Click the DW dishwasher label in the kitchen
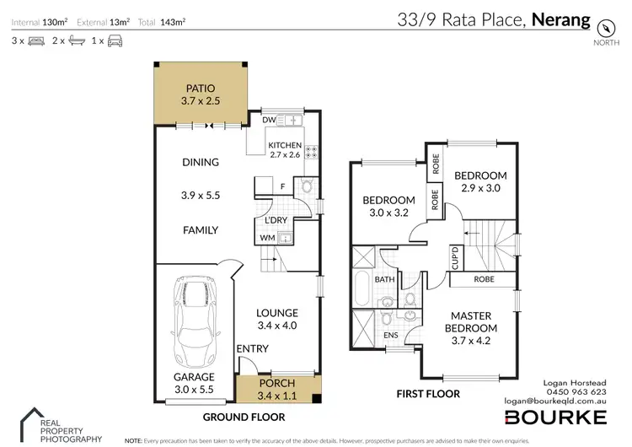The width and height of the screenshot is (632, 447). (x=270, y=121)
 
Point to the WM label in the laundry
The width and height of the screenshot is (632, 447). (x=267, y=238)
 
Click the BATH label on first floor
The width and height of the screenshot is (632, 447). (x=385, y=279)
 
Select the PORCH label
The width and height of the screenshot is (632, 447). (x=276, y=383)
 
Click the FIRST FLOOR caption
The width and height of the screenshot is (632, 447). (x=429, y=394)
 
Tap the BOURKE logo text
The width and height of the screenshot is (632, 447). (x=554, y=417)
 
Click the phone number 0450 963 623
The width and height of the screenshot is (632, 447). (x=577, y=391)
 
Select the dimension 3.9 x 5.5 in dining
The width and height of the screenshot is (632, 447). (x=200, y=194)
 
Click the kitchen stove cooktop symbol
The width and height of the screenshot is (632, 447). (x=310, y=153)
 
